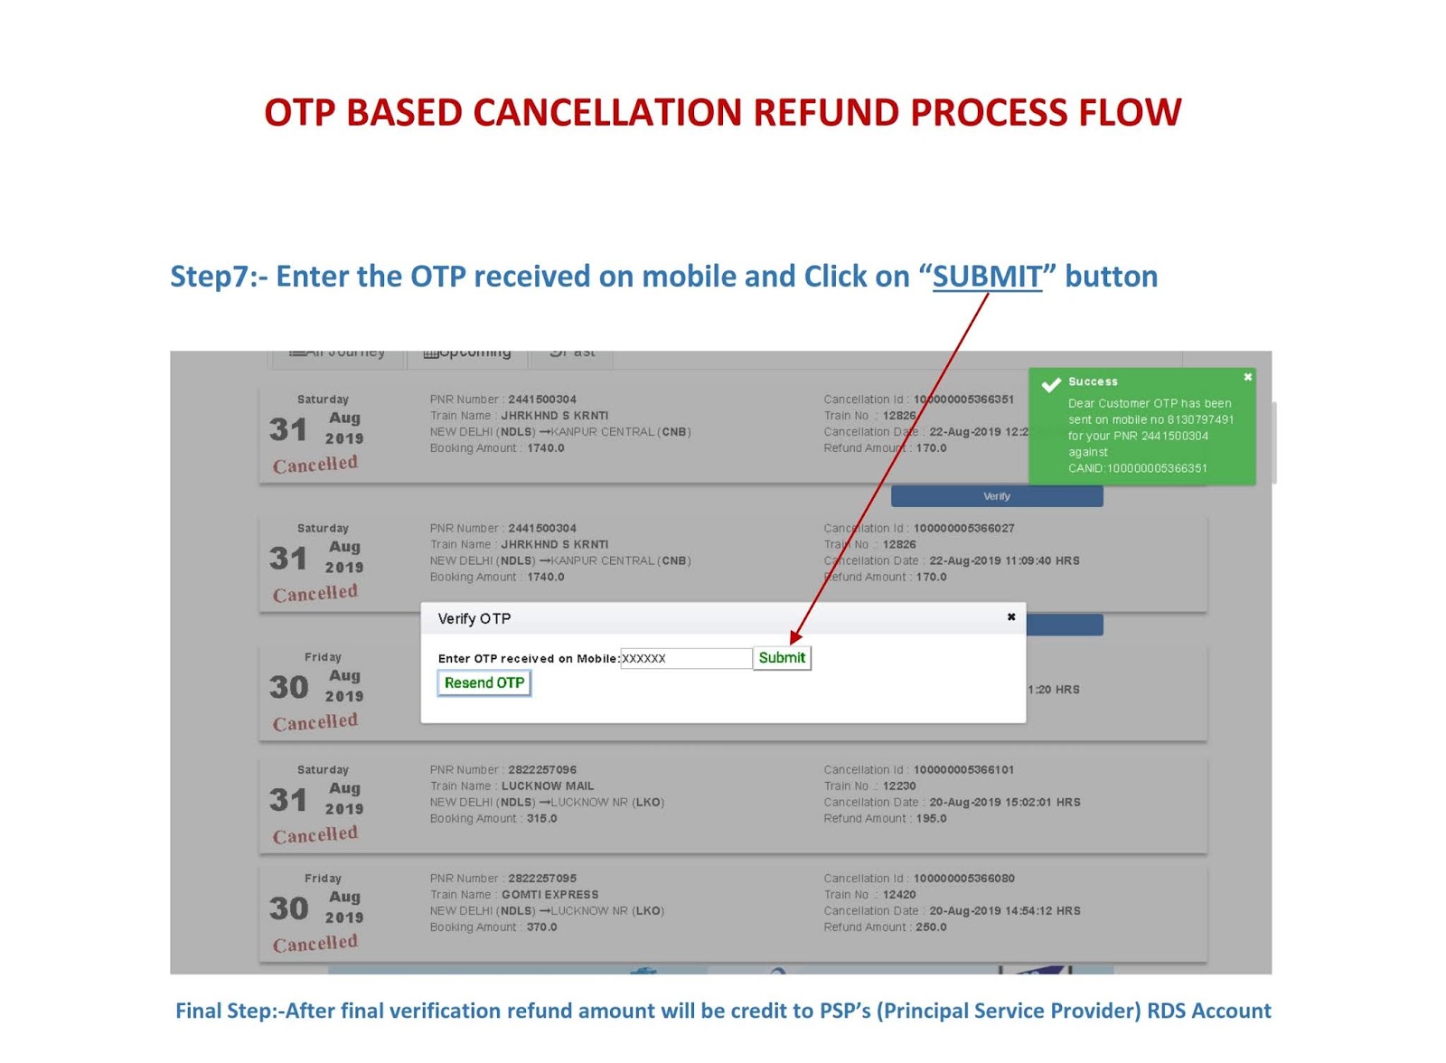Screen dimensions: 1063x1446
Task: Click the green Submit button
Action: pos(782,658)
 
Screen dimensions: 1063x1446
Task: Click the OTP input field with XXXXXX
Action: pos(686,658)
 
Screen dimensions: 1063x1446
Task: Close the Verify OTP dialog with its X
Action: pos(1011,617)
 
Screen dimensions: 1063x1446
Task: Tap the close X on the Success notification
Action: pos(1248,378)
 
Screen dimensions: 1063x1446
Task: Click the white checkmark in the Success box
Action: pos(1051,385)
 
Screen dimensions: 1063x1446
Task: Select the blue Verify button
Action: pos(997,496)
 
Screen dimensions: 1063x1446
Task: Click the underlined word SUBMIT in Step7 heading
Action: pos(987,277)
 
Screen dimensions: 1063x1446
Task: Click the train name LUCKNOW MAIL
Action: pos(548,786)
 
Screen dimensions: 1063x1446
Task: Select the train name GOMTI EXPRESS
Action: pos(549,895)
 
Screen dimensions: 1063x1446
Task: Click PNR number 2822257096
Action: pos(542,770)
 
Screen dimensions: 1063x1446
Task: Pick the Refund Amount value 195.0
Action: pos(932,819)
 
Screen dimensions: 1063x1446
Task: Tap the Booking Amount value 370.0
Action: pos(542,927)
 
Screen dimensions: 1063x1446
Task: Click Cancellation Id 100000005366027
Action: pos(963,529)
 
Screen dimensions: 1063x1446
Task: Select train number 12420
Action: pos(899,895)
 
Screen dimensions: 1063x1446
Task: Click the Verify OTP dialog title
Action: pos(474,619)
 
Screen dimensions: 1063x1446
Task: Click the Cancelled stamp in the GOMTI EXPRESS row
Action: pos(315,944)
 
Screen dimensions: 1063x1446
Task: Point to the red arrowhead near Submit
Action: pos(795,638)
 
